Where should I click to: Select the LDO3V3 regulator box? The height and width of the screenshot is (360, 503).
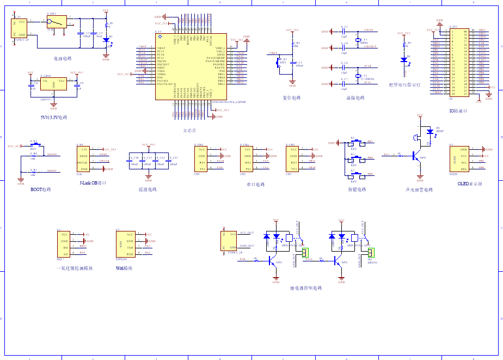click(53, 84)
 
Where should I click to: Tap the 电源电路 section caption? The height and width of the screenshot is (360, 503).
click(62, 58)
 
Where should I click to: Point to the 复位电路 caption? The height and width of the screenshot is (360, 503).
click(292, 98)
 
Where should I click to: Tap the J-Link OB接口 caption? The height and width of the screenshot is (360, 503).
click(92, 184)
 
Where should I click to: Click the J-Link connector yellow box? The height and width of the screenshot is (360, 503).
click(84, 158)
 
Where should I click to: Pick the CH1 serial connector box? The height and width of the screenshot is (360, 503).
click(201, 158)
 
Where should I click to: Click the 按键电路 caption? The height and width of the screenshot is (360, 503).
click(357, 190)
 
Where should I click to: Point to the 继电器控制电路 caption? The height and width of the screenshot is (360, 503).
click(306, 288)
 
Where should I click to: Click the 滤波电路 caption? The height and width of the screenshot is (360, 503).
click(148, 190)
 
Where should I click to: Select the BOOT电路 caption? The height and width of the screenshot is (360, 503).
click(40, 190)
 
